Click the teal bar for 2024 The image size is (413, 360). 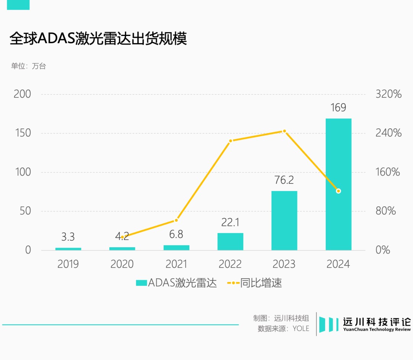click(x=338, y=184)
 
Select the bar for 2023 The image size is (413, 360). click(x=284, y=221)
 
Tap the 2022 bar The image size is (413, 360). click(x=230, y=242)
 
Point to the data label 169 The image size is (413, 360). click(x=338, y=108)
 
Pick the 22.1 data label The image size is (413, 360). click(x=230, y=222)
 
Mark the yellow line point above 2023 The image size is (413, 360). click(x=284, y=131)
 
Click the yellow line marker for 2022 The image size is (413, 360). click(x=230, y=141)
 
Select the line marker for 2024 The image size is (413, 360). click(x=338, y=191)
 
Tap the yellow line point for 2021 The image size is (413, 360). click(x=176, y=220)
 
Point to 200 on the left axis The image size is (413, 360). click(x=22, y=94)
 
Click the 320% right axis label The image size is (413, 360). click(x=388, y=94)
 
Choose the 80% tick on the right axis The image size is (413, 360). click(x=385, y=211)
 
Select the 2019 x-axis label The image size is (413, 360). click(x=68, y=264)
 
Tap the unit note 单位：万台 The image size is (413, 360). click(x=29, y=66)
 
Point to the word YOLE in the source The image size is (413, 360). click(x=301, y=328)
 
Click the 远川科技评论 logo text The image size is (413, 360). click(x=376, y=322)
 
